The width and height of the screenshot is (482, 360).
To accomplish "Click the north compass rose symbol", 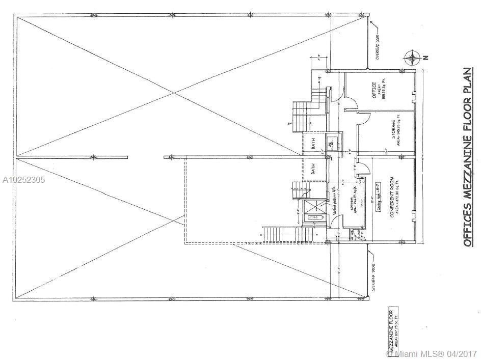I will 411,58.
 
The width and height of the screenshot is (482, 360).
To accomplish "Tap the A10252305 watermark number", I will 23,180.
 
